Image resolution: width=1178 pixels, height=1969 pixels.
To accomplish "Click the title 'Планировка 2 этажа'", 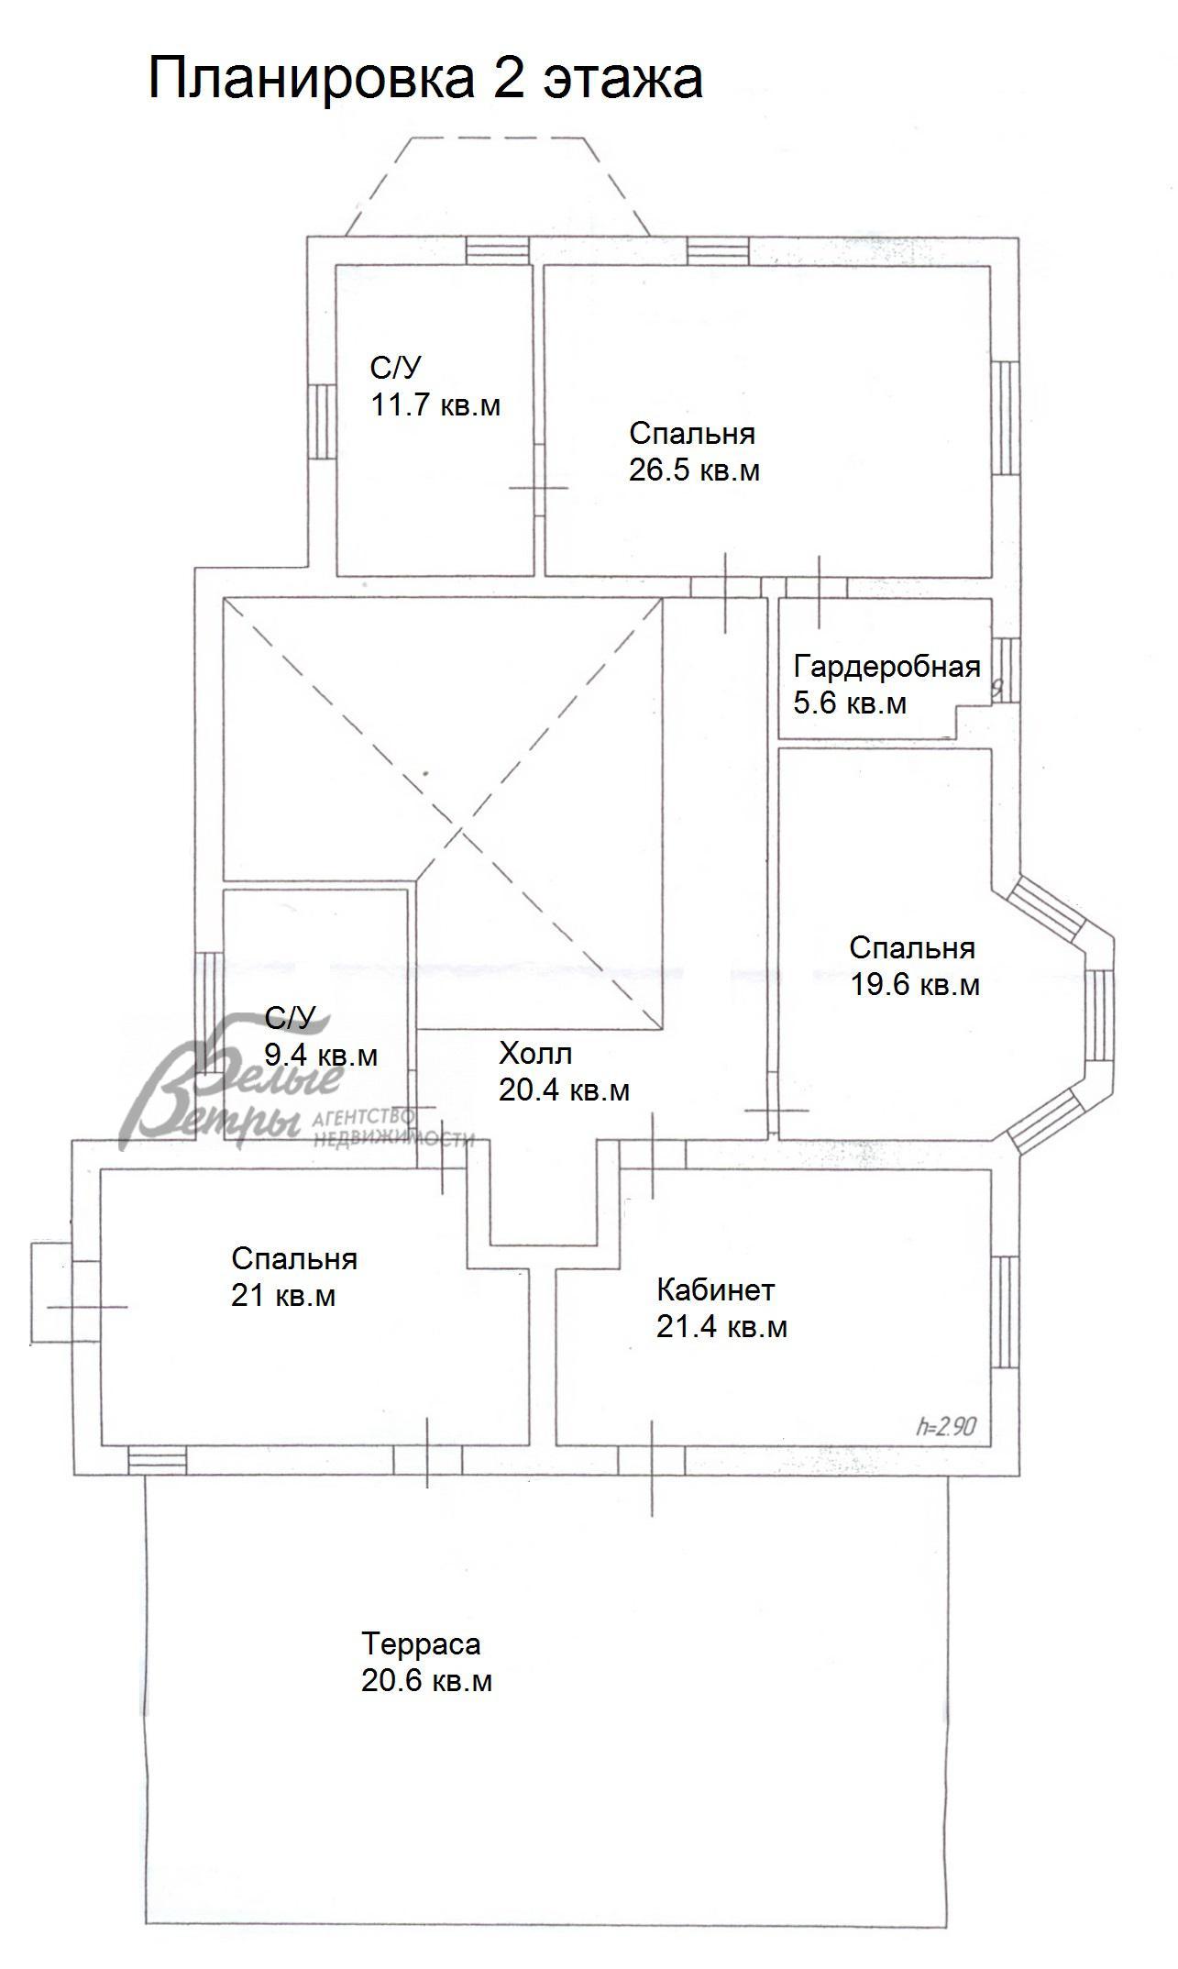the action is coord(425,80).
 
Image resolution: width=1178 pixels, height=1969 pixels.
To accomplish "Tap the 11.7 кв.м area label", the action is coord(435,405).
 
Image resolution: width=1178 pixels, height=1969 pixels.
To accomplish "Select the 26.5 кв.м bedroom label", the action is coord(694,470).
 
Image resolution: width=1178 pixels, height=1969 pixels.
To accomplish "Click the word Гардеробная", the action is coord(887,668).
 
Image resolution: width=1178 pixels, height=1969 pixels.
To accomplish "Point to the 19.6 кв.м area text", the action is coord(915,985).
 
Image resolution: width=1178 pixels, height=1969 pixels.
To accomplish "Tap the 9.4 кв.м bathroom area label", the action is coord(321,1056).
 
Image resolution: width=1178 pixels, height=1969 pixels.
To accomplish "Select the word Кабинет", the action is coord(716,1290).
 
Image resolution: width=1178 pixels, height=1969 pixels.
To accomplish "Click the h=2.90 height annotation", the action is coord(946,1426).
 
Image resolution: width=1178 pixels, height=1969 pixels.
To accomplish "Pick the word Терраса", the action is coord(421,1643).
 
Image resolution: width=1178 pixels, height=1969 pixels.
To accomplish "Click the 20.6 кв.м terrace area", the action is coord(426,1681).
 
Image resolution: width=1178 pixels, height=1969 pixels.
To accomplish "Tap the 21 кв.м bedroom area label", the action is coord(283,1296).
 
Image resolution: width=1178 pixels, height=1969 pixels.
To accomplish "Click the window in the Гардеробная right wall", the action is coord(1006,669).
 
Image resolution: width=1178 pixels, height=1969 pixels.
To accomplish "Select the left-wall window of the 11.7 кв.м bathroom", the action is coord(321,420).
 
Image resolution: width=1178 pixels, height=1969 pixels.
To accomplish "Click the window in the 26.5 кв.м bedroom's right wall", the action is coord(1006,418).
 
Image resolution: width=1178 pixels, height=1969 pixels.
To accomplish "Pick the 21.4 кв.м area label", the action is coord(721,1327).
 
